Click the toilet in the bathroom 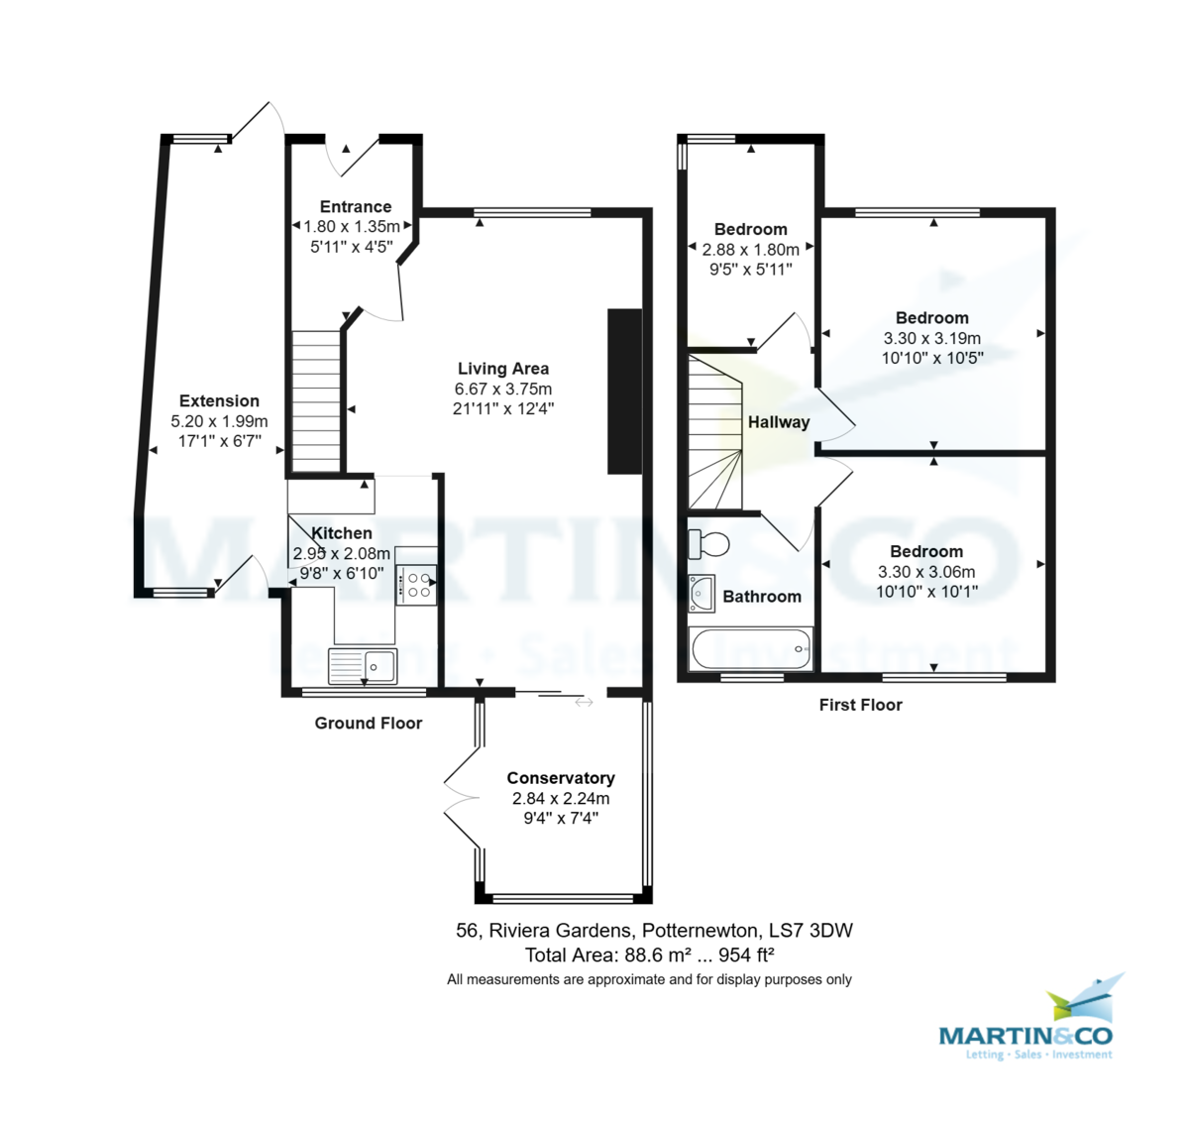(708, 544)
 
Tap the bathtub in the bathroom (750, 649)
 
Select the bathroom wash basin (702, 593)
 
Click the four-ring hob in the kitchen (416, 585)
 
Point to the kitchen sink (363, 666)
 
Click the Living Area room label (503, 369)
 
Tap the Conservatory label (561, 778)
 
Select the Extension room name (219, 400)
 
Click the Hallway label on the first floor (779, 422)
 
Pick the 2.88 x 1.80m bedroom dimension (750, 250)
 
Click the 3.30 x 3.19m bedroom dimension (932, 338)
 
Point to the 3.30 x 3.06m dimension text (926, 571)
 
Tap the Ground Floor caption (369, 724)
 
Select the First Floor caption (861, 705)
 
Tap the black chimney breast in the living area (625, 392)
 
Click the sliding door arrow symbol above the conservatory (584, 702)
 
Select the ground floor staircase (316, 400)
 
